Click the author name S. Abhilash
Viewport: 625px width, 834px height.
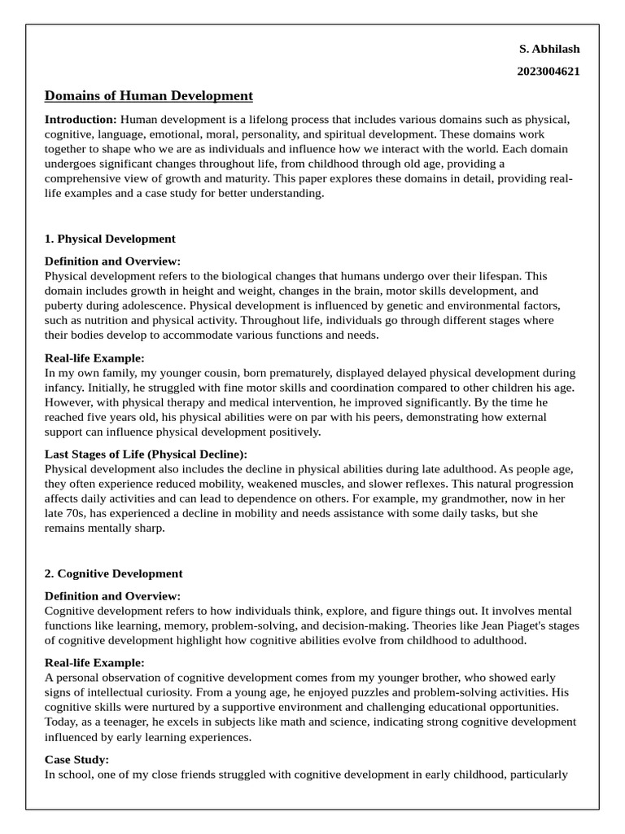click(549, 49)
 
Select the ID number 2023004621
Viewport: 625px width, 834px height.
click(548, 71)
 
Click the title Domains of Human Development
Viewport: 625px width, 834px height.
click(149, 95)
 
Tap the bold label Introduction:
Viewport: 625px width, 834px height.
click(81, 119)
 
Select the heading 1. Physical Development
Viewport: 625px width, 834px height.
click(110, 239)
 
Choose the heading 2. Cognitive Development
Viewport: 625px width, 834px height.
click(114, 573)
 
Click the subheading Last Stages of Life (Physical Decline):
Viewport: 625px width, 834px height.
click(146, 454)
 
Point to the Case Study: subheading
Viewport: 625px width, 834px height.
click(76, 759)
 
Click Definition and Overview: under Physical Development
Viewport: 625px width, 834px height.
click(112, 261)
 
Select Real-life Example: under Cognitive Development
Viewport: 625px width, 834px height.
click(94, 662)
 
